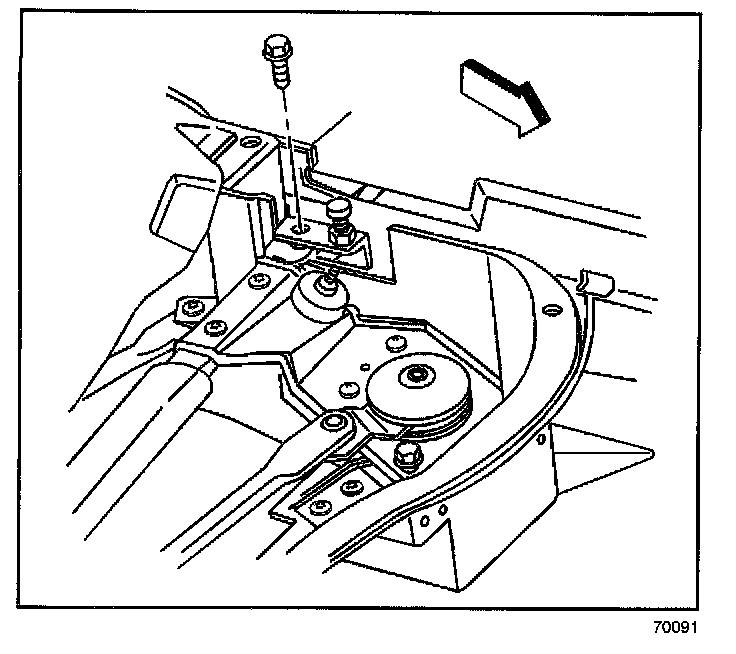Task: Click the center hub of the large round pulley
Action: pyautogui.click(x=412, y=378)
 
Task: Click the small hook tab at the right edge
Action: pyautogui.click(x=593, y=281)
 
